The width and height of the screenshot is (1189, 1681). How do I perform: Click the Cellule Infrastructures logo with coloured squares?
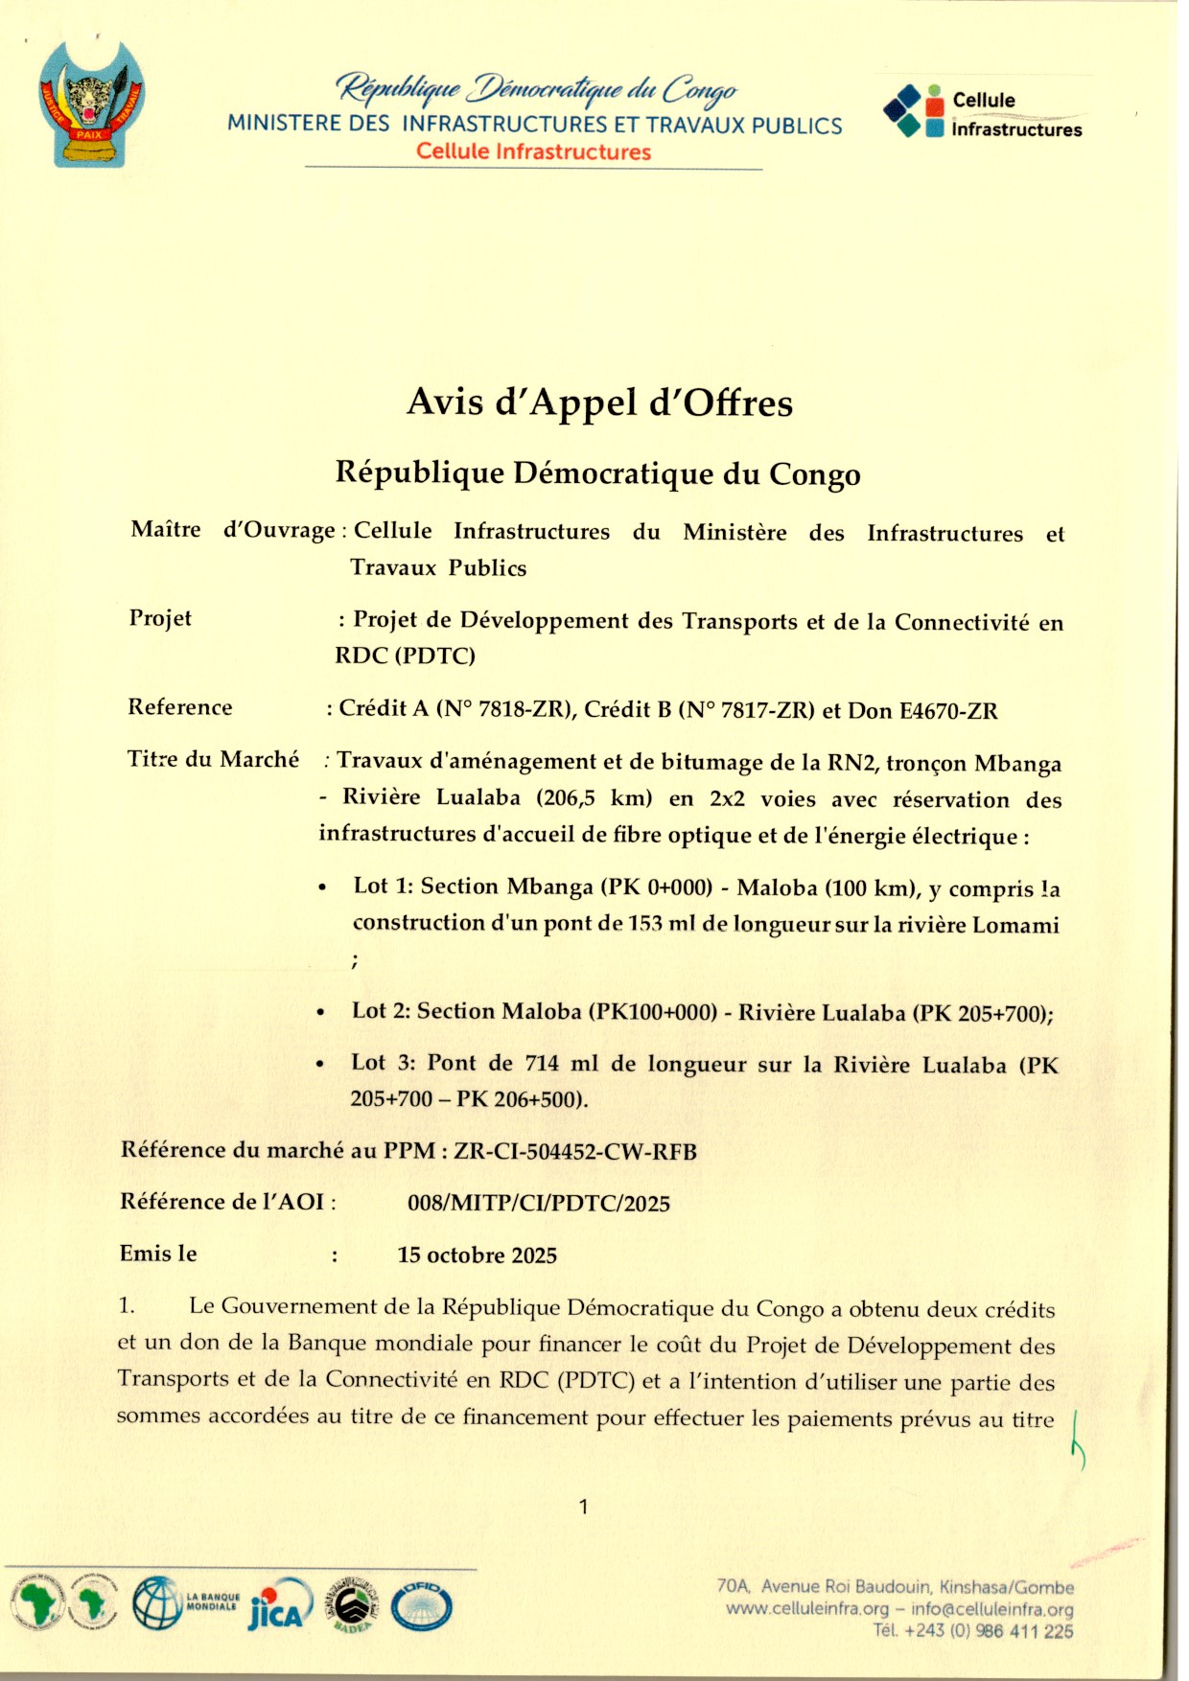tap(983, 113)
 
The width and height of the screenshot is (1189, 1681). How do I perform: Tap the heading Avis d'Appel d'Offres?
tap(599, 403)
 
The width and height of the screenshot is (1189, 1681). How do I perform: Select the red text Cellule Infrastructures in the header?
tap(533, 151)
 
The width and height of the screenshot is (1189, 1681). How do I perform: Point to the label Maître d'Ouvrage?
tap(233, 530)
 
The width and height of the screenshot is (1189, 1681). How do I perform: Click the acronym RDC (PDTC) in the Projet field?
tap(405, 656)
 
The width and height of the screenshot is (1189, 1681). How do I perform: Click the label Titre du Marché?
tap(213, 759)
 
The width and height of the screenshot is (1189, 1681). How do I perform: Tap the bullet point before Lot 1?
tap(323, 887)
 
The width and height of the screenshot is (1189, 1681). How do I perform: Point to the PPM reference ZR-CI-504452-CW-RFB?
tap(575, 1151)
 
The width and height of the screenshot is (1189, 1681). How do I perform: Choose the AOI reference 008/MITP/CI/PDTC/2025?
tap(538, 1204)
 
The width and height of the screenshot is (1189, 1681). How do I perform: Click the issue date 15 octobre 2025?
tap(477, 1255)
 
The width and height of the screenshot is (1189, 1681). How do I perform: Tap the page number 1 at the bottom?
tap(583, 1507)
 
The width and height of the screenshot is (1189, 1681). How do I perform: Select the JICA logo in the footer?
tap(280, 1605)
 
